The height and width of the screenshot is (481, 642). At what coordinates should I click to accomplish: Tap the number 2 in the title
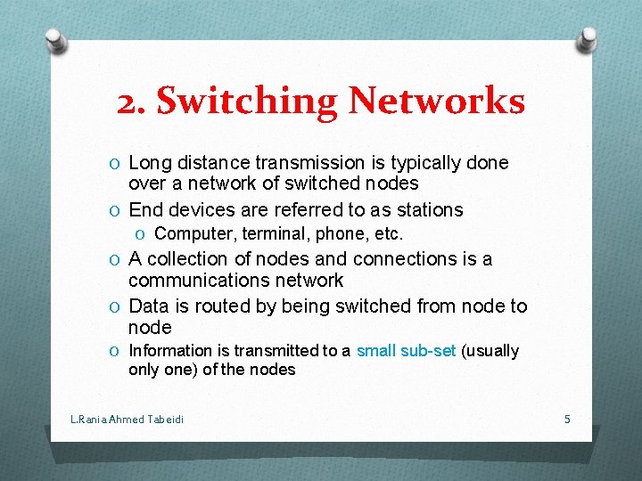pyautogui.click(x=128, y=102)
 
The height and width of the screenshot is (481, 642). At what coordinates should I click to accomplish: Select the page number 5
pyautogui.click(x=567, y=418)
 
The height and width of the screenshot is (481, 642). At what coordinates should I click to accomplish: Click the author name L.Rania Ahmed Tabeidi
pyautogui.click(x=127, y=419)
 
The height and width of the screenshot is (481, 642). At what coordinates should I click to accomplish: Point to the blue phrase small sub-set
pyautogui.click(x=406, y=351)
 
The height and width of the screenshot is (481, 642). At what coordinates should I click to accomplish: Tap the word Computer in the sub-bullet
pyautogui.click(x=191, y=234)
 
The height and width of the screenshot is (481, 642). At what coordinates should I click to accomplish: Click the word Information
pyautogui.click(x=170, y=351)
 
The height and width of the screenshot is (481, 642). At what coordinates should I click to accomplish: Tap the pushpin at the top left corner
pyautogui.click(x=56, y=38)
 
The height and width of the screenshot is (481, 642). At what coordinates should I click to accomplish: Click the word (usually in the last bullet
pyautogui.click(x=490, y=351)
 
